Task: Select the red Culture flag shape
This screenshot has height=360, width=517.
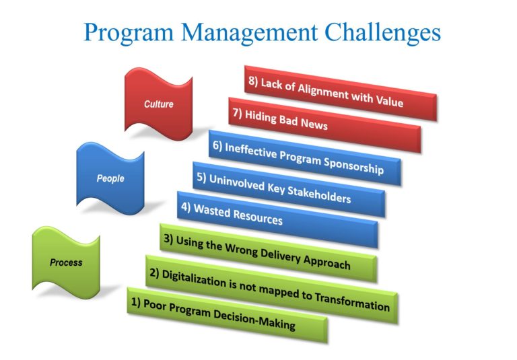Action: pos(159,104)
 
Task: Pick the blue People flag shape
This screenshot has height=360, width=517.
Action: pos(110,179)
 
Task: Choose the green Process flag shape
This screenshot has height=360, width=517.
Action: pos(66,262)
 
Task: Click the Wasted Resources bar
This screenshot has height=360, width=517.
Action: pos(277,219)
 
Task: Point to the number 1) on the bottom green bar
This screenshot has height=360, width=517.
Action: pos(134,303)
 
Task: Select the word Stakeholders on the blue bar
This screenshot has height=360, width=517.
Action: pos(319,194)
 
